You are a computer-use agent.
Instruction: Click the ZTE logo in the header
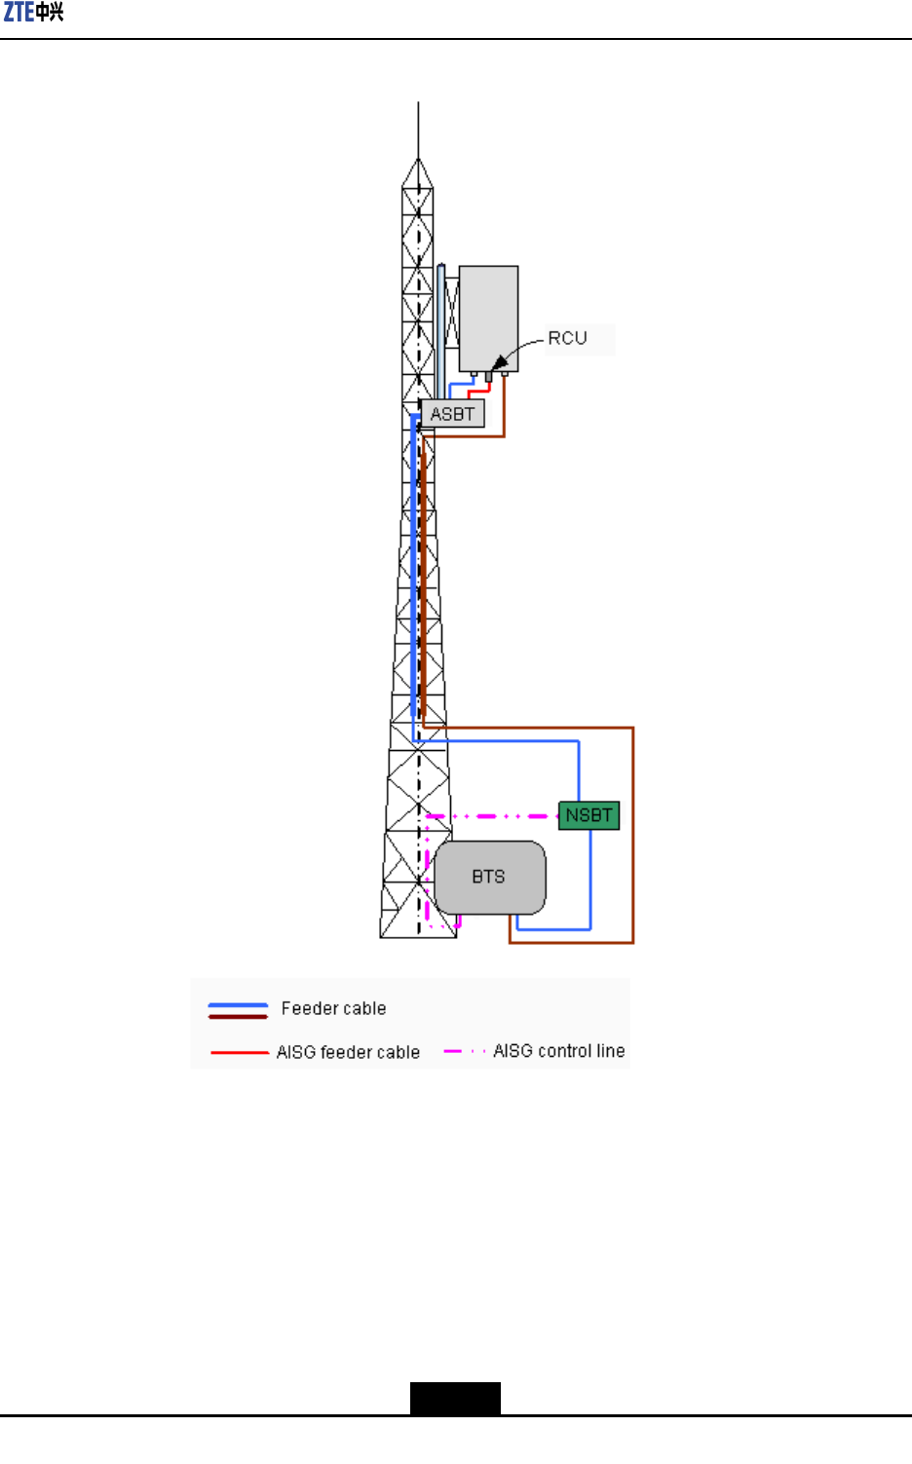click(x=33, y=13)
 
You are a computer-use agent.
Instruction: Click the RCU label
click(x=567, y=338)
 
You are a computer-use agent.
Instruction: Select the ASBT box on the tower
click(x=452, y=414)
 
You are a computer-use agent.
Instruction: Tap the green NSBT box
click(x=589, y=815)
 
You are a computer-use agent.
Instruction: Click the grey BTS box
click(x=489, y=877)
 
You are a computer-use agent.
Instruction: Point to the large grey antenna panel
click(x=488, y=318)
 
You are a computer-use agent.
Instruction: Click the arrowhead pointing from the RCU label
click(x=500, y=363)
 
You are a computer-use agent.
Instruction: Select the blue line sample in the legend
click(x=238, y=1004)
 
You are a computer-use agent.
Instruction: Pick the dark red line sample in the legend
click(x=238, y=1016)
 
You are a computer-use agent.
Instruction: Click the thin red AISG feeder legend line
click(x=239, y=1052)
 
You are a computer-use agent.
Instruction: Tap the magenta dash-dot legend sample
click(x=464, y=1051)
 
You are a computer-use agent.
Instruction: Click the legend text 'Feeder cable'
click(x=333, y=1008)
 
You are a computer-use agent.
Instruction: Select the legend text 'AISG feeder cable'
click(x=348, y=1052)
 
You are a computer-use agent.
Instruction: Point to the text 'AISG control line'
click(x=558, y=1051)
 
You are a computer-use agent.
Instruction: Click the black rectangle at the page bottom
click(x=455, y=1398)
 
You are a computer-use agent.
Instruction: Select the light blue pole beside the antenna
click(x=440, y=331)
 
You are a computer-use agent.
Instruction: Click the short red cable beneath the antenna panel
click(x=479, y=390)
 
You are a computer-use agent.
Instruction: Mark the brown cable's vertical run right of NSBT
click(x=633, y=838)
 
